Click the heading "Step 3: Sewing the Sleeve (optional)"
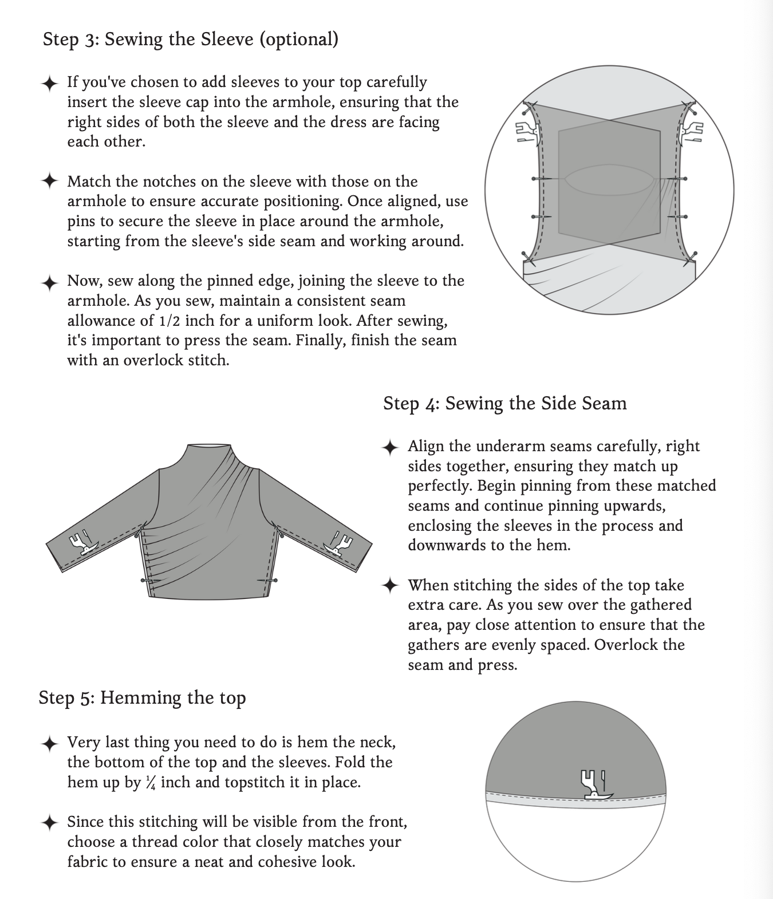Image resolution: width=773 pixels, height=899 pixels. [x=190, y=40]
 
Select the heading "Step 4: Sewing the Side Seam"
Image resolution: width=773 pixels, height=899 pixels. [x=504, y=404]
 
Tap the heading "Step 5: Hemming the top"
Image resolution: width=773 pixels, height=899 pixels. [x=142, y=698]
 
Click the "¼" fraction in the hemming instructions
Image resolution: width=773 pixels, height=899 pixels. [x=151, y=783]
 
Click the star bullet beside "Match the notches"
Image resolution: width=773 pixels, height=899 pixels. [x=50, y=182]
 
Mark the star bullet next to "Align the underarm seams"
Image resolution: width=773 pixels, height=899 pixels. [x=390, y=447]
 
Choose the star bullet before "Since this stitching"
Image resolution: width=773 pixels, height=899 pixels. [x=50, y=823]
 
